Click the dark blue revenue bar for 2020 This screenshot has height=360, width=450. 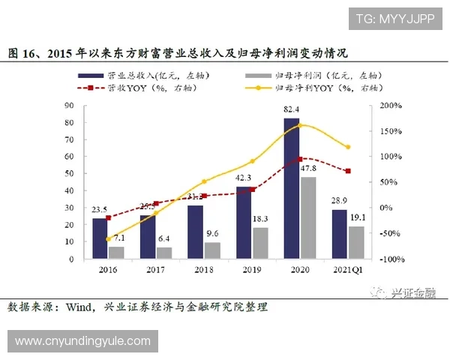[291, 188]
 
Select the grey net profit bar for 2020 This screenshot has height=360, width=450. [307, 217]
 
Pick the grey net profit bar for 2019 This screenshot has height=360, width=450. [260, 243]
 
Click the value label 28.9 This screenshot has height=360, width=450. [340, 202]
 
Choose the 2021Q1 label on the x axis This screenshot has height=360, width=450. [347, 268]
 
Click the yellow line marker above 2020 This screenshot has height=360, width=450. [300, 124]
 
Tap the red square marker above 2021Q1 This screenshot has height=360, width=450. [347, 171]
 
